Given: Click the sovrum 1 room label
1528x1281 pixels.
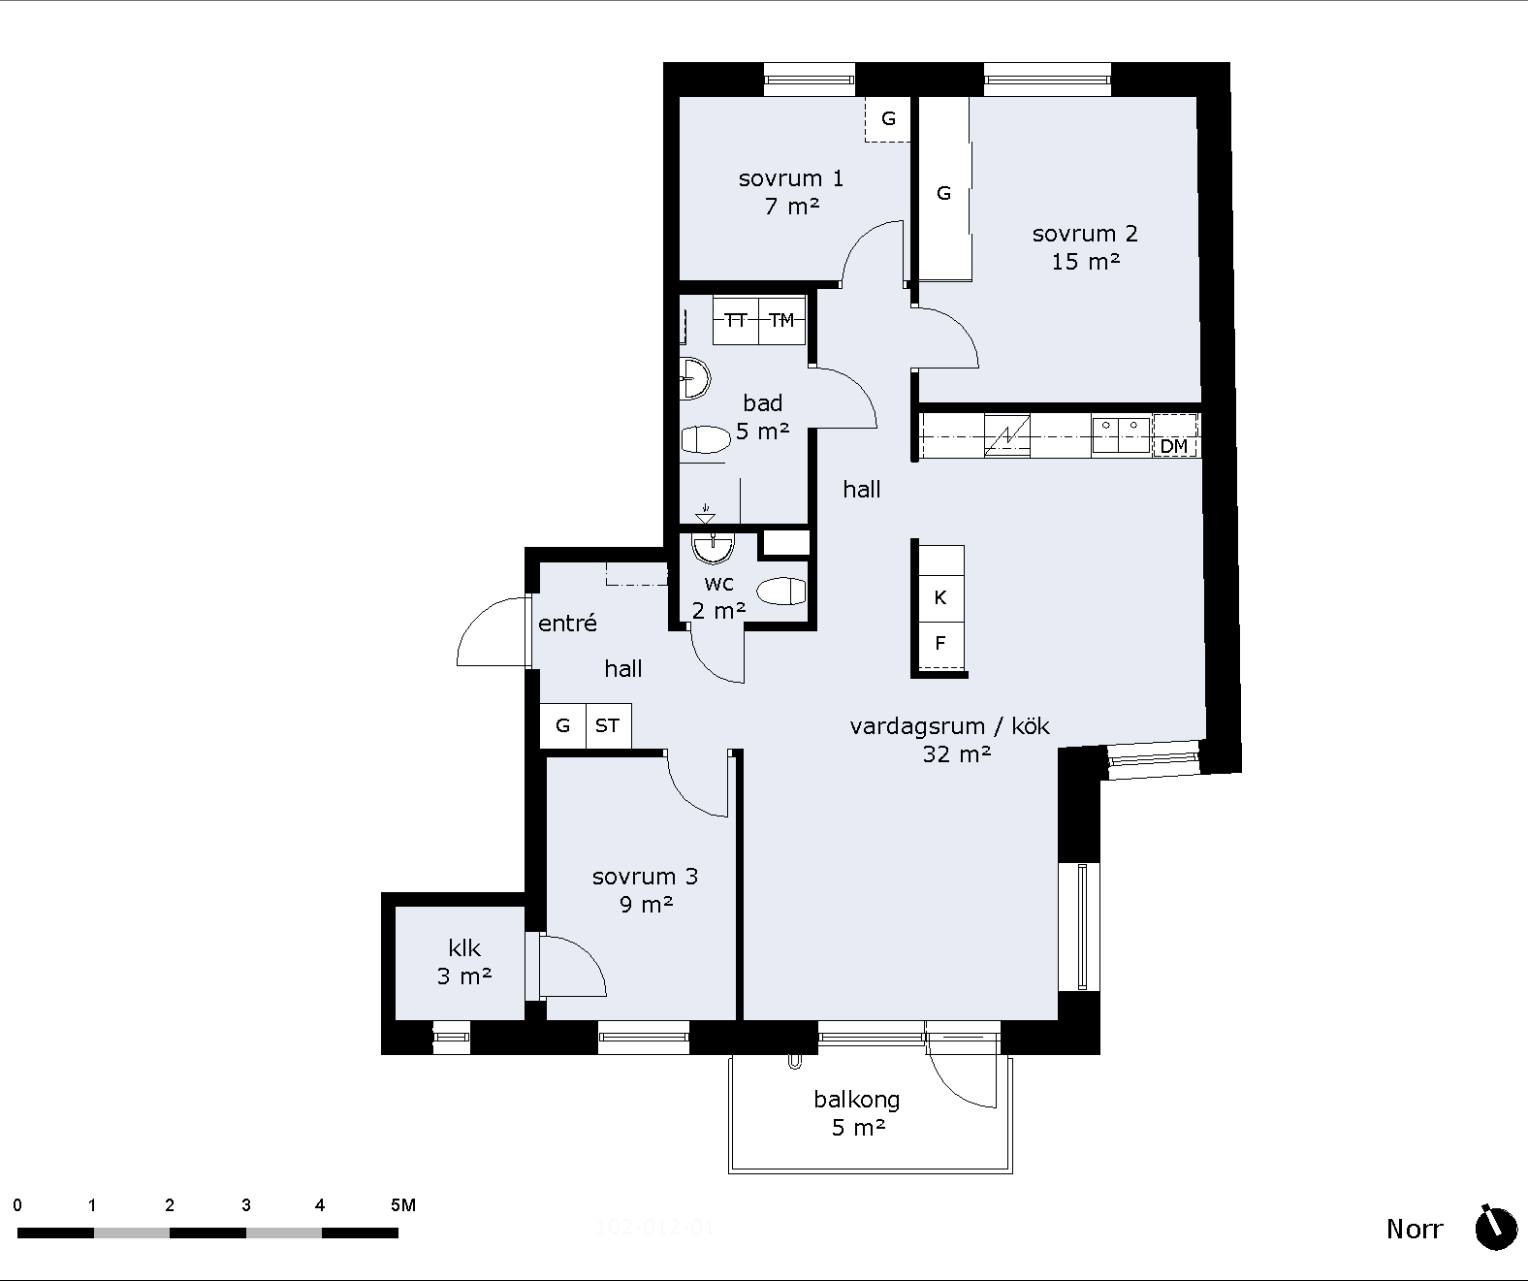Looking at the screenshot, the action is [x=790, y=178].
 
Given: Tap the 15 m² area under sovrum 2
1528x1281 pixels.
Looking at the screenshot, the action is [x=1085, y=261].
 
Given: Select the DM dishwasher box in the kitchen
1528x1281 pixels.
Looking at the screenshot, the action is [x=1175, y=436].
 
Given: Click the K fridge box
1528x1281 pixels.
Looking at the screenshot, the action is [x=941, y=597].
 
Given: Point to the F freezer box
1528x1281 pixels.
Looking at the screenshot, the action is [x=941, y=644].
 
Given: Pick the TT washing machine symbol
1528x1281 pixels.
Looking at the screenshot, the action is [x=736, y=320].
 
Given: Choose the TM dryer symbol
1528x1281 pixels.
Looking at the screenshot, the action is [x=781, y=320].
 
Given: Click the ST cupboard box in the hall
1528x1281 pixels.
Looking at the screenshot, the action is [x=607, y=725].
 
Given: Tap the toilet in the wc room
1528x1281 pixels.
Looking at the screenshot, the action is [x=780, y=592].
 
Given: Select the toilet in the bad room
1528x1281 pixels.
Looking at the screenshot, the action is [x=706, y=440].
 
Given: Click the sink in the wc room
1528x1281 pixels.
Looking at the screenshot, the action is [x=713, y=548].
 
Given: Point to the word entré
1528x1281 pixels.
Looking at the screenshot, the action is [x=567, y=623].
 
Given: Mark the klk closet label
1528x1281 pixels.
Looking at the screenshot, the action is [x=464, y=948].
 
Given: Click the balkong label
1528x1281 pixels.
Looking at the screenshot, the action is [x=857, y=1101].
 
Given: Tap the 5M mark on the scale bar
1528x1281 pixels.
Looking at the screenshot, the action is [x=403, y=1204].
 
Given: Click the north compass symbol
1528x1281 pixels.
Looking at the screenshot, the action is [x=1496, y=1229].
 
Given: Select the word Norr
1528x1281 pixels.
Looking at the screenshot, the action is [x=1415, y=1230].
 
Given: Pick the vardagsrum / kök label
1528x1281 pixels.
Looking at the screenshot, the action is [x=950, y=726].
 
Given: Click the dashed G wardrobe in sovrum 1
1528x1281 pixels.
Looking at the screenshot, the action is [x=888, y=118].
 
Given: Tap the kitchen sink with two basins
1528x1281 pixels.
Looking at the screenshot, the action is [x=1121, y=435].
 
